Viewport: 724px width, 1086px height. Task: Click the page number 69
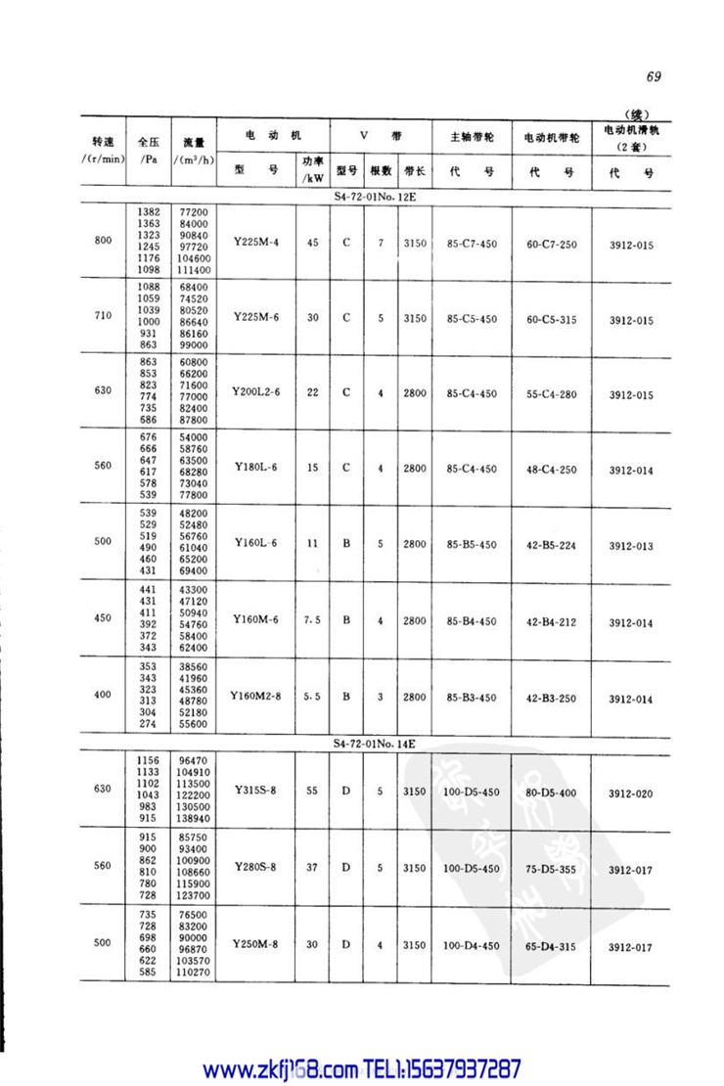tap(655, 77)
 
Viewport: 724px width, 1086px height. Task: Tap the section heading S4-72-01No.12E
tap(376, 196)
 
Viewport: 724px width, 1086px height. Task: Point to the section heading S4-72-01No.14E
tap(376, 745)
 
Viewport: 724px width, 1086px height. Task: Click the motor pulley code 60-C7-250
tap(554, 241)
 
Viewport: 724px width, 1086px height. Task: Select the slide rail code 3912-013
tap(630, 546)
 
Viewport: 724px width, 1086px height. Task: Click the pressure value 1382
tap(147, 211)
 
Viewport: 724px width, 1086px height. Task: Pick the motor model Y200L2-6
tap(256, 392)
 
